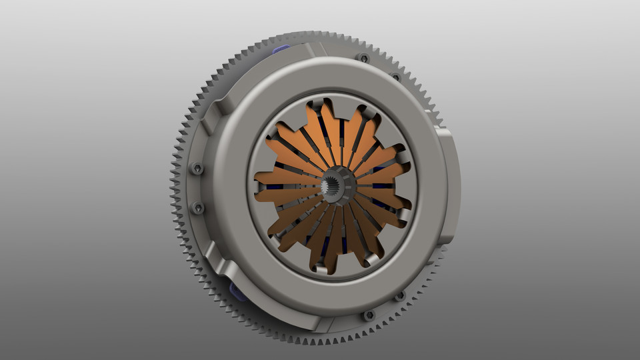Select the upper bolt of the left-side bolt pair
click(x=197, y=169)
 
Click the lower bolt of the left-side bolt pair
click(x=198, y=208)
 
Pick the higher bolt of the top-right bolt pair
click(x=363, y=58)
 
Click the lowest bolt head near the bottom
click(x=368, y=315)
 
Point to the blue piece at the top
click(x=281, y=49)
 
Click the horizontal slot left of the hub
click(x=293, y=187)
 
